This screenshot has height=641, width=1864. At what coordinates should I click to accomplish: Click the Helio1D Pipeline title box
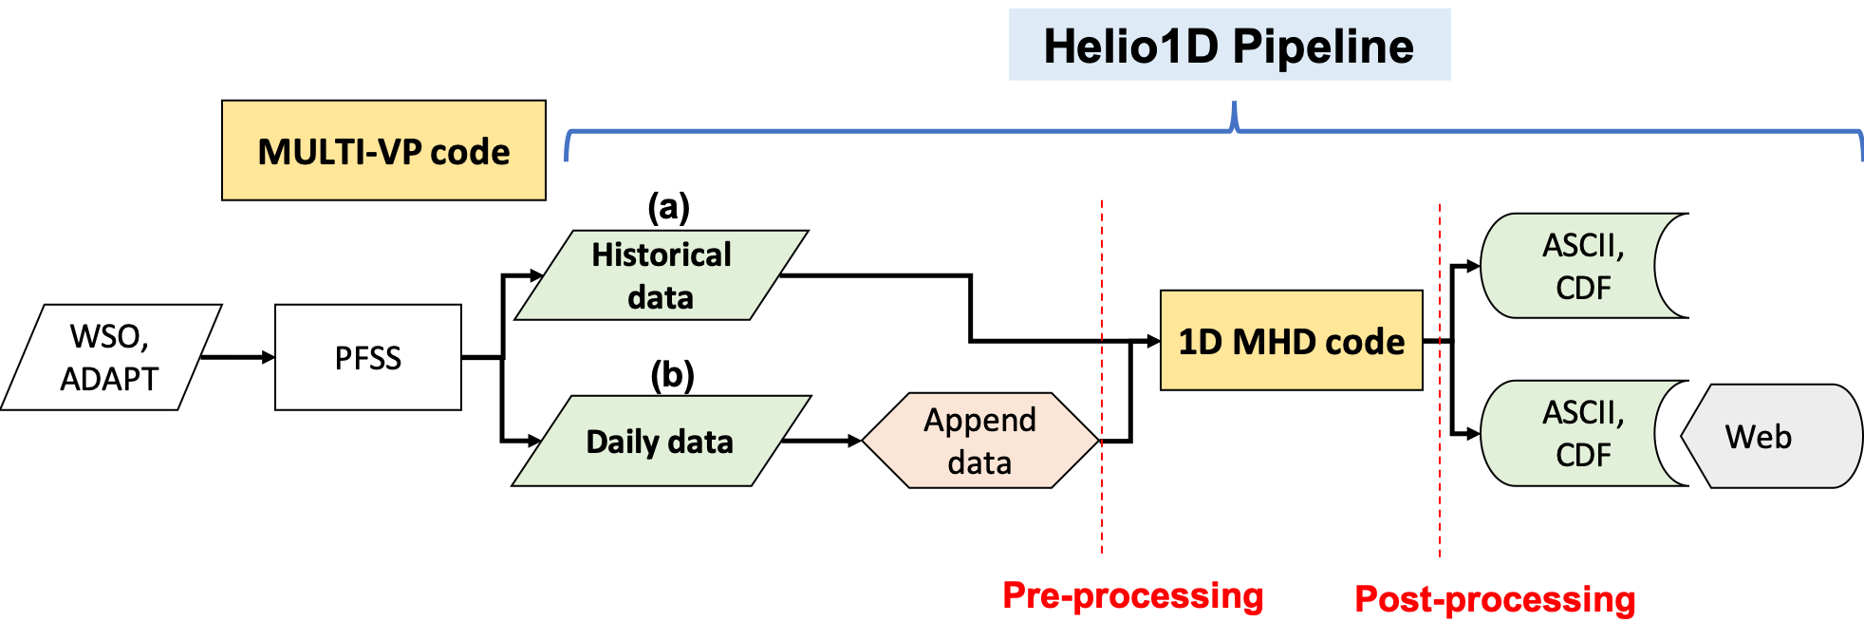1229,45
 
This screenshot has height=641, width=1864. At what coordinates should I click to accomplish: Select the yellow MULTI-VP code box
383,150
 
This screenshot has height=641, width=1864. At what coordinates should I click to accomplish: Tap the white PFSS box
368,357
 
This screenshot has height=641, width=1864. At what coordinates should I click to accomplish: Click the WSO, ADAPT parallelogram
110,357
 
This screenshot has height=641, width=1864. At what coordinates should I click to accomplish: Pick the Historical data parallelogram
662,275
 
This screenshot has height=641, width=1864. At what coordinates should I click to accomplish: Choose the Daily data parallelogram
661,441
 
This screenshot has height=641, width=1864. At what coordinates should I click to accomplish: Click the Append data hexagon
979,441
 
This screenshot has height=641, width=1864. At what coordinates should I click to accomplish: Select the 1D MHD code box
1291,340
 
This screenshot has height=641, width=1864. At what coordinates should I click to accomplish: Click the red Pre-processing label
1133,595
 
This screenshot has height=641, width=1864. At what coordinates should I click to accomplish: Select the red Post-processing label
1495,599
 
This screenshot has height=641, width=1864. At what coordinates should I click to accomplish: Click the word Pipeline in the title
1323,46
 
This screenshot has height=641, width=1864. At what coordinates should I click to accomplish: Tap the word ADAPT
109,379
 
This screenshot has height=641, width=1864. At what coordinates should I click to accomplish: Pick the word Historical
662,255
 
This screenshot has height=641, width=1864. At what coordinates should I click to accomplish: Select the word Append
979,420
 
